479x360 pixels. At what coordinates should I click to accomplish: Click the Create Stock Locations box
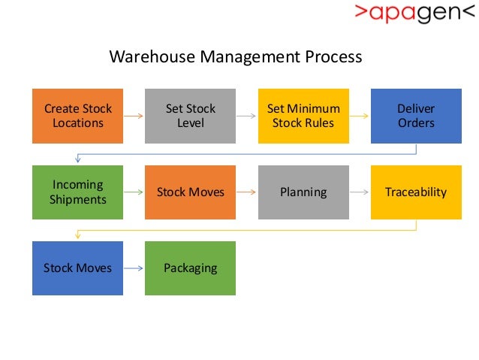coord(77,116)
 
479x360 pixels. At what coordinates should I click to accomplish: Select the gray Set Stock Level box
coord(190,116)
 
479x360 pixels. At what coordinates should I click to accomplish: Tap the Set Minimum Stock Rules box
coord(303,116)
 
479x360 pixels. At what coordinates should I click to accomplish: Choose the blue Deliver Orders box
coord(416,116)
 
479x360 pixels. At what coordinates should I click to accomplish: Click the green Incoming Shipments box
coord(77,192)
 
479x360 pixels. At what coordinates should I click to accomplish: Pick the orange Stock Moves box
coord(190,192)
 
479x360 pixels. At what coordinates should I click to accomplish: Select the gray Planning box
coord(303,192)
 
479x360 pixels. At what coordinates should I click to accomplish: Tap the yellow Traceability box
coord(416,192)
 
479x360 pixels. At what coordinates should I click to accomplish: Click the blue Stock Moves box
coord(77,268)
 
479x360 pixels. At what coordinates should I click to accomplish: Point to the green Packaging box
coord(190,268)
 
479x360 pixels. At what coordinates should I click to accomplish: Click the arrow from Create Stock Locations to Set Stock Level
coord(134,116)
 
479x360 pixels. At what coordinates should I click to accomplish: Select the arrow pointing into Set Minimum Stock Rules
coord(246,116)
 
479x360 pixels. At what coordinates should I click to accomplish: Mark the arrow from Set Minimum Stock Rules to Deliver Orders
coord(360,116)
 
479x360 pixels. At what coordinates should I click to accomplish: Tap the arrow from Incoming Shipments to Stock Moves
coord(134,192)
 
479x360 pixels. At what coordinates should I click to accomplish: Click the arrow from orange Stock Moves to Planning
coord(246,192)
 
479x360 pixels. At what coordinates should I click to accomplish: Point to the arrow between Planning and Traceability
coord(360,192)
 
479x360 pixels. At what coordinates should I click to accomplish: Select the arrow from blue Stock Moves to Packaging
coord(134,268)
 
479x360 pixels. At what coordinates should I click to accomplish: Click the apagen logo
coord(415,14)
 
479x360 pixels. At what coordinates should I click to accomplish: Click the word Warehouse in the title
coord(147,57)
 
